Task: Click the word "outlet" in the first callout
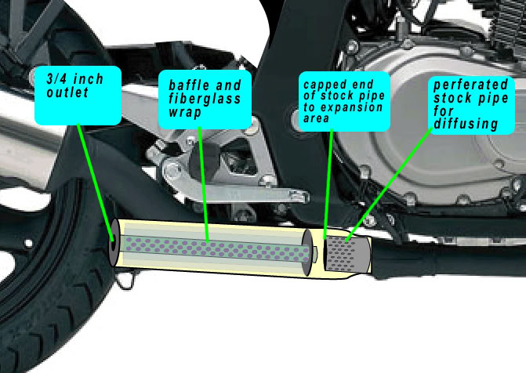67,92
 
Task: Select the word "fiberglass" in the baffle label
205,99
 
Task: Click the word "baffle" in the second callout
189,85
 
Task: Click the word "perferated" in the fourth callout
470,85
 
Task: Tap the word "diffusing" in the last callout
466,124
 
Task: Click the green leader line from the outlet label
96,183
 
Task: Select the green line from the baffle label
204,184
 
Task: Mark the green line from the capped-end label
328,184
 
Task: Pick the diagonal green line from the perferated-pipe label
389,185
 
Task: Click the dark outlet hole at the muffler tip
113,242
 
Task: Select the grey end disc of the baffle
307,253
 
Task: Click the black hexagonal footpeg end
204,161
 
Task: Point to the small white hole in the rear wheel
28,243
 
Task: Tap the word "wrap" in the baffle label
185,112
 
